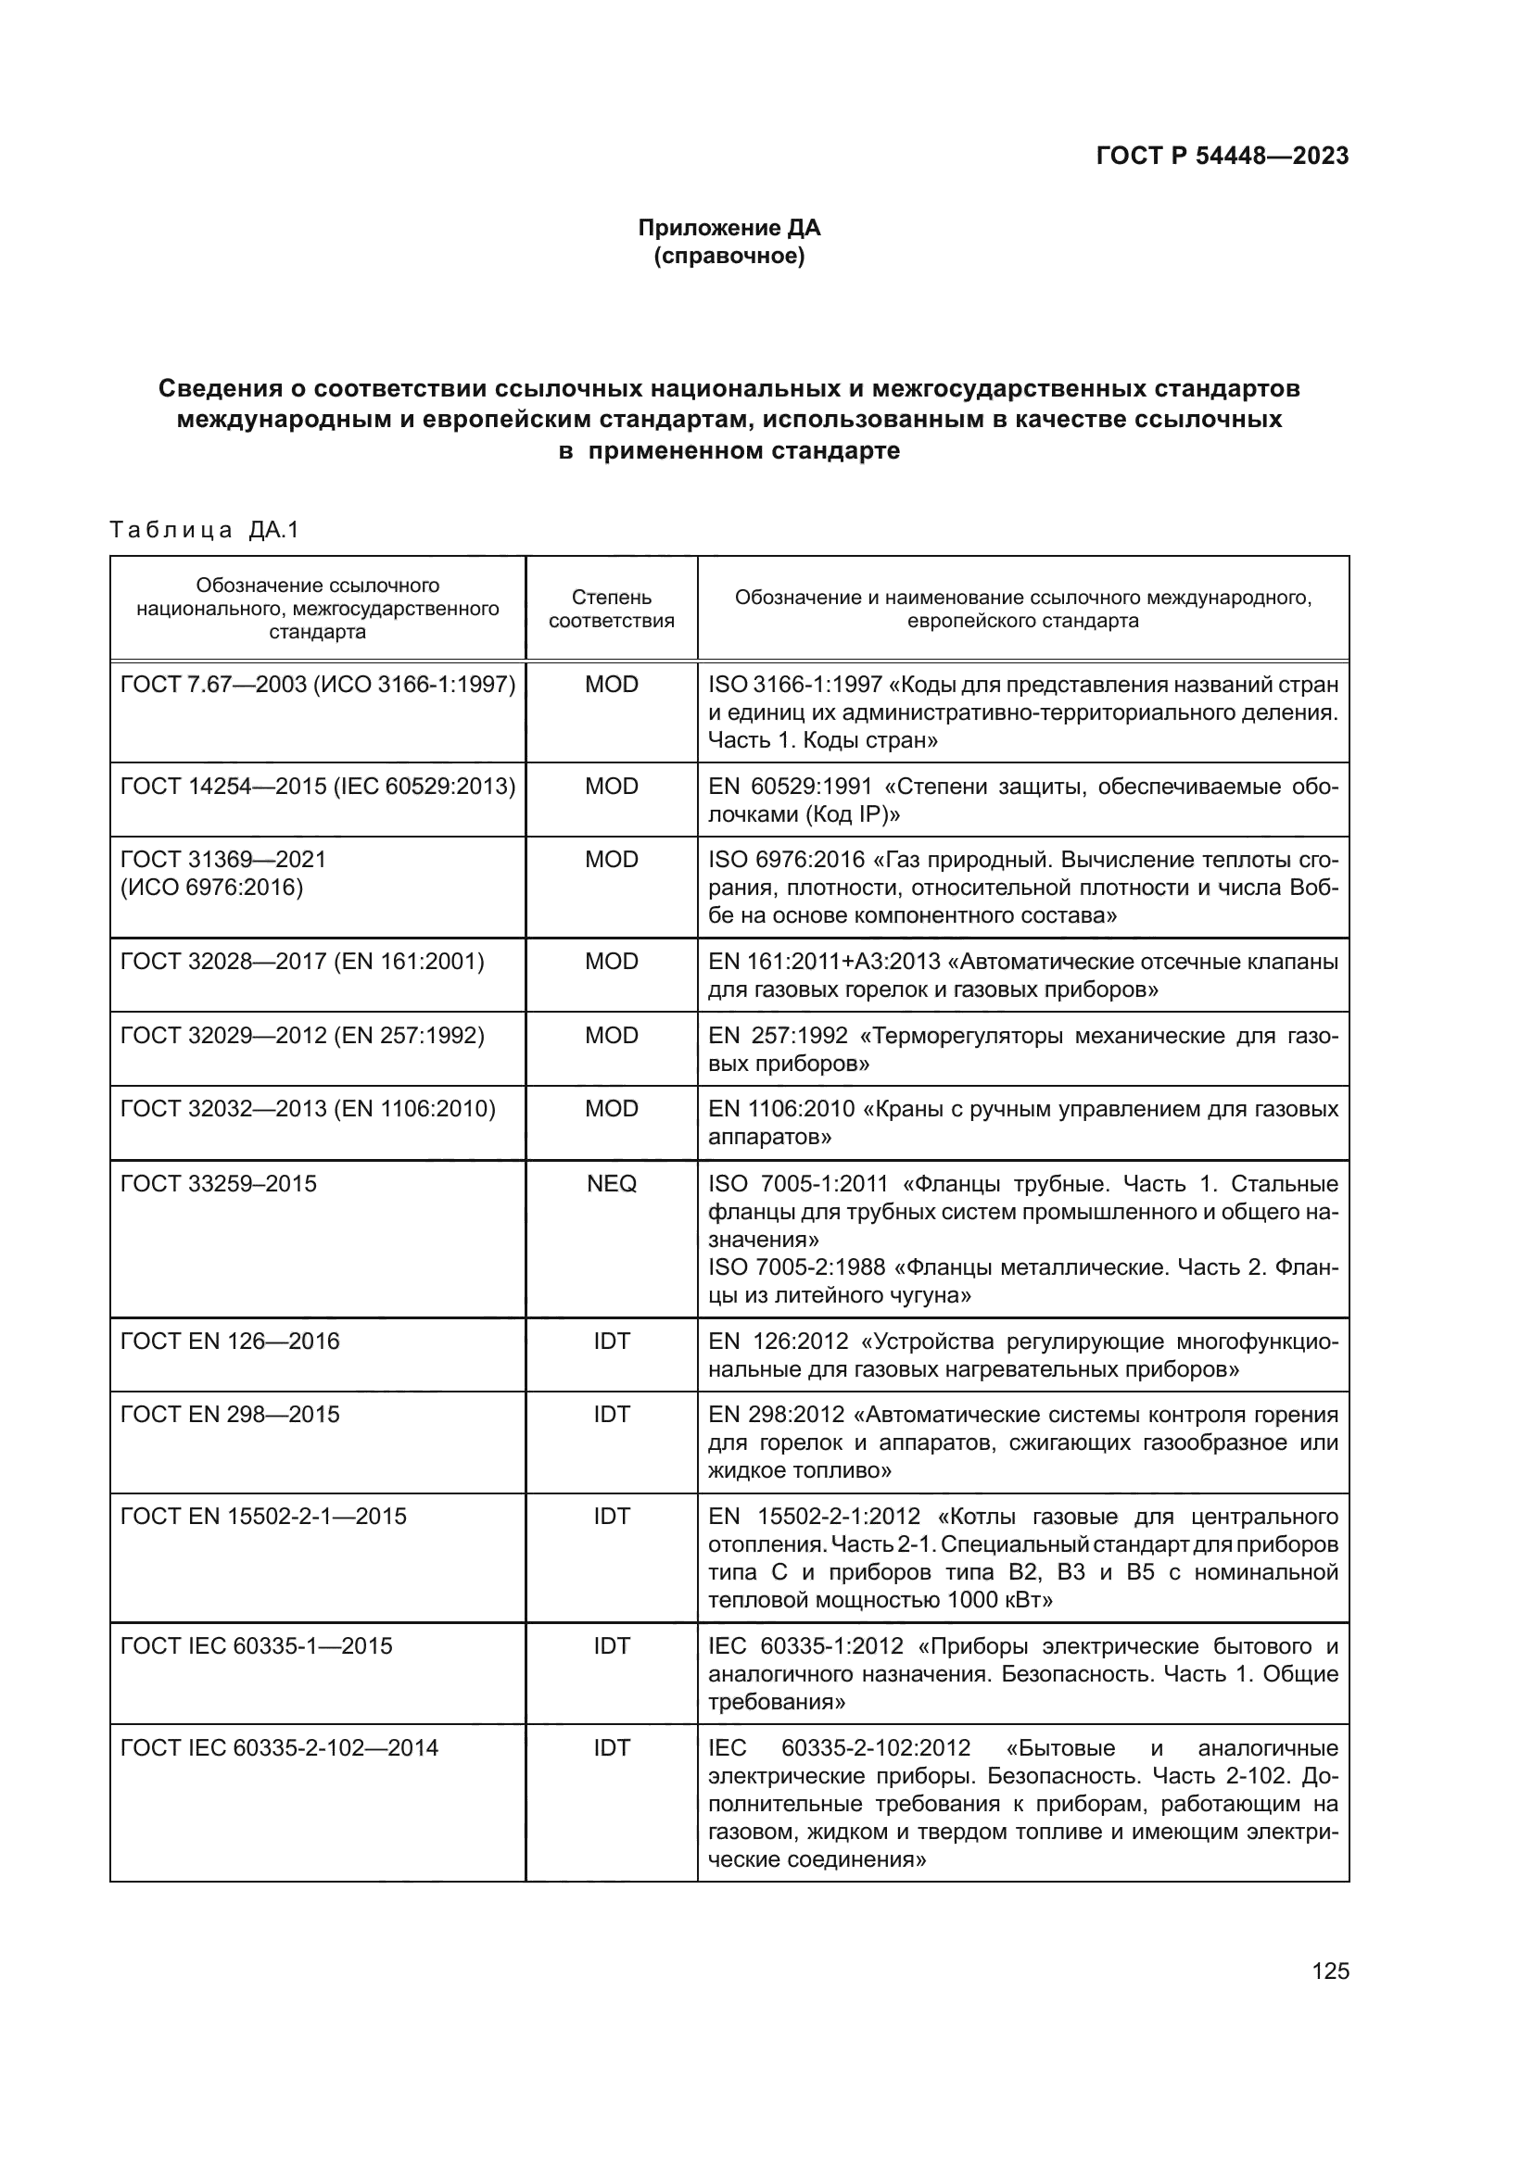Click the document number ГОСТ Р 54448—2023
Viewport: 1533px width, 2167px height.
click(x=1222, y=156)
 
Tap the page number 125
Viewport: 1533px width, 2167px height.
click(x=1330, y=1971)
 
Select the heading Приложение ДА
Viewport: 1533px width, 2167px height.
click(x=728, y=228)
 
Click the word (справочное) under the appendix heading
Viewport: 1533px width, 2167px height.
click(x=728, y=256)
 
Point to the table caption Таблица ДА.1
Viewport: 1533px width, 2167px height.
click(x=204, y=530)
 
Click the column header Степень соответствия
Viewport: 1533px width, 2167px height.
click(x=611, y=609)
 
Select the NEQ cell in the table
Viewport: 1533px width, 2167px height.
click(x=611, y=1183)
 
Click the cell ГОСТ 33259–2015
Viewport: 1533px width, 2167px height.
click(x=219, y=1183)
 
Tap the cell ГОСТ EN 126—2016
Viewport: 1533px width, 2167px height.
click(x=229, y=1342)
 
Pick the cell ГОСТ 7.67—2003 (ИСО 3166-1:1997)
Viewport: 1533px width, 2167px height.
click(x=317, y=685)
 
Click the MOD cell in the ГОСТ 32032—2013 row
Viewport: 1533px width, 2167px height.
click(x=611, y=1108)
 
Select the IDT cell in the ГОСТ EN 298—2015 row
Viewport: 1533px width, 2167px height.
click(x=611, y=1414)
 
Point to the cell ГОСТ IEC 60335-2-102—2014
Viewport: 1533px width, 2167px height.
click(x=279, y=1748)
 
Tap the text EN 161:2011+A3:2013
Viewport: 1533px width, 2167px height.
click(x=824, y=962)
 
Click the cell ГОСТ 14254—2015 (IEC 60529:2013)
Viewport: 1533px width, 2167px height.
click(x=317, y=787)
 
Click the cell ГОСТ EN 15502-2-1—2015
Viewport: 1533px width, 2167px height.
click(x=263, y=1516)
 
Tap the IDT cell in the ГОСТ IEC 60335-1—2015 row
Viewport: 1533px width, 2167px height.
click(x=611, y=1646)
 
